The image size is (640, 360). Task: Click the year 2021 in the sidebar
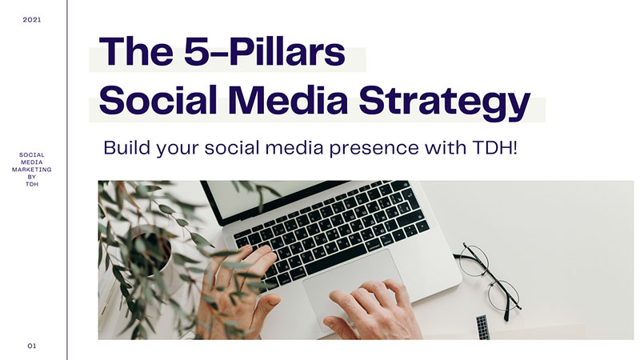pos(32,19)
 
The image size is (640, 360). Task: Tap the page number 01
pos(32,346)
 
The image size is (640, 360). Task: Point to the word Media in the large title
pos(288,100)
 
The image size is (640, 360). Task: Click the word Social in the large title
pos(158,100)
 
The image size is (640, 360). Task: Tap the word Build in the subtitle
pos(127,147)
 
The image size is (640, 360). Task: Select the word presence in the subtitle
pos(374,149)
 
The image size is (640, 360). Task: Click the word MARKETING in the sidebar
pos(32,170)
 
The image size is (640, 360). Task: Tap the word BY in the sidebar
pos(32,177)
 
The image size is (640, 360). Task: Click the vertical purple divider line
pos(67,180)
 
